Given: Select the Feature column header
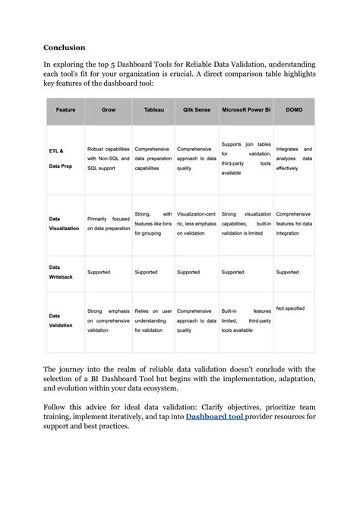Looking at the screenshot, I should click(x=65, y=109).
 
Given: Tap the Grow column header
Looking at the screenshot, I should click(x=109, y=109).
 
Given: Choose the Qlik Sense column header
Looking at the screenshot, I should click(x=197, y=109).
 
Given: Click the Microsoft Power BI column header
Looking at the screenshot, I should click(x=246, y=109).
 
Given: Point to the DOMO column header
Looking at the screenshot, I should click(x=294, y=109).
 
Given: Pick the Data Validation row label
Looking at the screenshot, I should click(x=61, y=320).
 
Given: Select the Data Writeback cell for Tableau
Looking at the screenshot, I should click(x=146, y=271).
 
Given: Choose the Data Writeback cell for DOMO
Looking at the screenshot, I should click(x=288, y=271).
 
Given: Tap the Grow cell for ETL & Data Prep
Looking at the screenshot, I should click(x=109, y=158).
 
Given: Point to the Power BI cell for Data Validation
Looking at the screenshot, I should click(x=246, y=320).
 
